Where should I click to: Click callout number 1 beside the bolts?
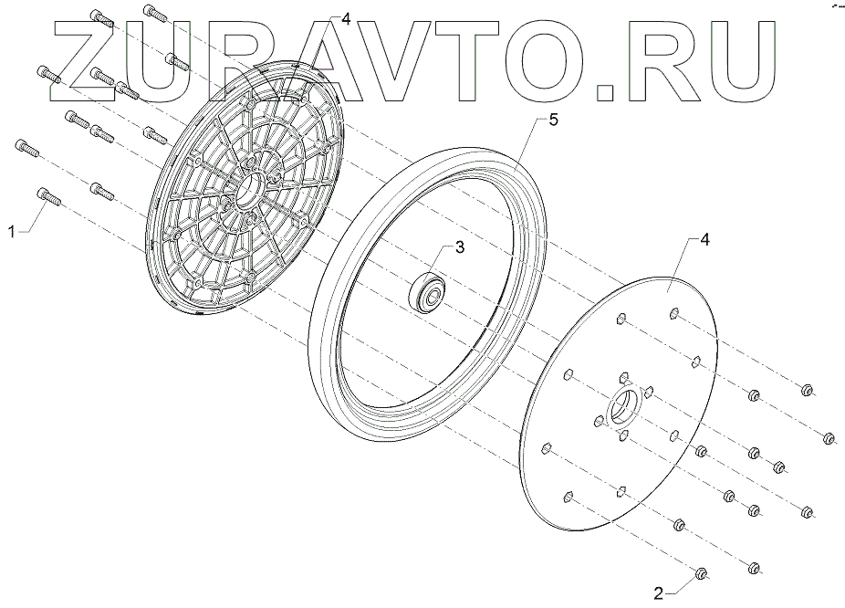pyautogui.click(x=12, y=233)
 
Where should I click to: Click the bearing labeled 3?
pyautogui.click(x=428, y=291)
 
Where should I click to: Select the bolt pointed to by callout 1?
pyautogui.click(x=47, y=195)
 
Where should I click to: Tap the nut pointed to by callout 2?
pyautogui.click(x=702, y=574)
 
